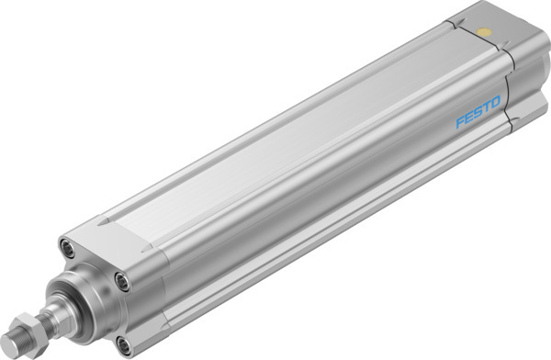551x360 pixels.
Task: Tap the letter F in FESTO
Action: click(461, 122)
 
